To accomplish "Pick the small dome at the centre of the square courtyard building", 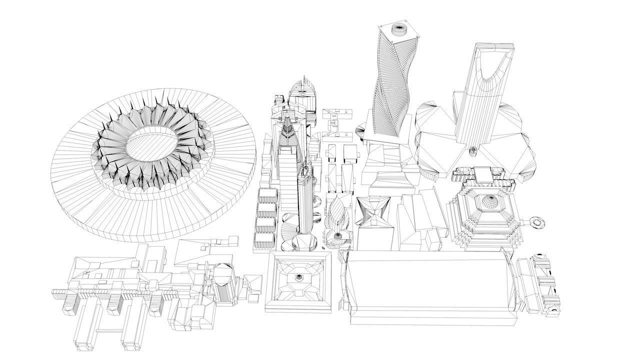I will pos(299,277).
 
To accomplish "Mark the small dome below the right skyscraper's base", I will pos(473,149).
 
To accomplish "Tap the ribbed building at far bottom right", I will pos(542,285).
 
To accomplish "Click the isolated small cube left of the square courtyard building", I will pos(254,297).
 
